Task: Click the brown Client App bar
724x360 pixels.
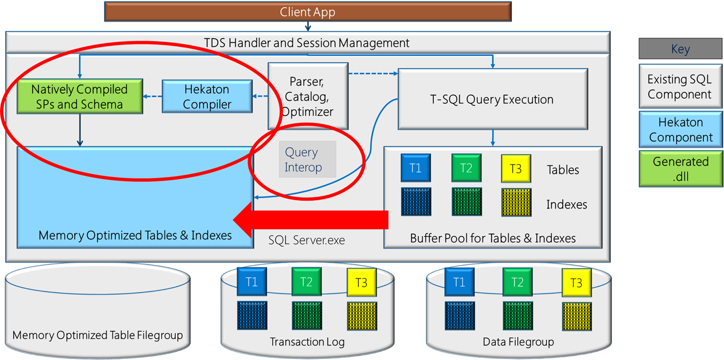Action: [x=307, y=11]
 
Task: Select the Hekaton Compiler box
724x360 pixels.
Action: [x=207, y=96]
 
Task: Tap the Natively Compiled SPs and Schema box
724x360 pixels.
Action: [x=79, y=96]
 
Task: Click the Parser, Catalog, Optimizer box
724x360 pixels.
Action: [x=308, y=96]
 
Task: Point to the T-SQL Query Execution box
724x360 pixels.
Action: [x=492, y=100]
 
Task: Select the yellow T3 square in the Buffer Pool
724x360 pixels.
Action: [x=516, y=169]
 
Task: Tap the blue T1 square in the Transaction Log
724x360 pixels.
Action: [x=252, y=282]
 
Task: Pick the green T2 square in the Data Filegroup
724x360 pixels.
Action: [x=517, y=282]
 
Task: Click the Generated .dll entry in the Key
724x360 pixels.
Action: [x=680, y=169]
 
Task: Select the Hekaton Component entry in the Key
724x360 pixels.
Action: [x=680, y=129]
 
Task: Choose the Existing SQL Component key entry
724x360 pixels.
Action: [x=680, y=87]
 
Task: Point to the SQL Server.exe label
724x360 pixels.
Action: [x=307, y=240]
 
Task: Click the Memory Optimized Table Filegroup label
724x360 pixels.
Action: [x=97, y=335]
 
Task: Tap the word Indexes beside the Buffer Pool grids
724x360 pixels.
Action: [x=566, y=205]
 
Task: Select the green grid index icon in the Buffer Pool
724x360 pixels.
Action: [x=466, y=202]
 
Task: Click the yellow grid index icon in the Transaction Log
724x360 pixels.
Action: [x=362, y=316]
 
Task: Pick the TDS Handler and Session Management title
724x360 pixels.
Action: [x=307, y=43]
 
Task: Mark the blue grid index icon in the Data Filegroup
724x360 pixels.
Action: [x=459, y=316]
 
